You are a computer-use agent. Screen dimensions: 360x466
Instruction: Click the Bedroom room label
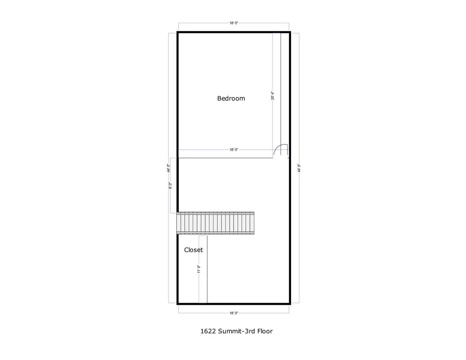pos(231,98)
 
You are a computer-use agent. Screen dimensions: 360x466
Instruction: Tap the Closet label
pos(193,250)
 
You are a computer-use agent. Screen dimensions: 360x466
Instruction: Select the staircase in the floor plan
pos(215,223)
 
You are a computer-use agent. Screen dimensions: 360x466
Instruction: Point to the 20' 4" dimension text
pos(272,96)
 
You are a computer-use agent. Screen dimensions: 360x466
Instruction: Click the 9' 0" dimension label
pos(170,186)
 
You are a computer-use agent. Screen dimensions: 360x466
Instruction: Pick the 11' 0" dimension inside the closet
pos(199,269)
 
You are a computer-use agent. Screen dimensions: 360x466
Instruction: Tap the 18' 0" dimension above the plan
pos(234,23)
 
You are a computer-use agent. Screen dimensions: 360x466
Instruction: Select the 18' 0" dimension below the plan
pos(234,313)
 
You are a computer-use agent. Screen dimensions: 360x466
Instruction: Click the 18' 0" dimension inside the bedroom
pos(234,150)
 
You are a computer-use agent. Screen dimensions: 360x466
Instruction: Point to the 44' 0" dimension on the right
pos(299,168)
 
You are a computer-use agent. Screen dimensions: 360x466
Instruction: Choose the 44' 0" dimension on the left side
pos(169,168)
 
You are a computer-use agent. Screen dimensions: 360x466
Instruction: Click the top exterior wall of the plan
pos(233,32)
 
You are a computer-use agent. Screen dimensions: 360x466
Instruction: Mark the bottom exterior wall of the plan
pos(233,304)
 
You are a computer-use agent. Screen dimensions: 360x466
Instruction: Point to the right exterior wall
pos(290,200)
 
